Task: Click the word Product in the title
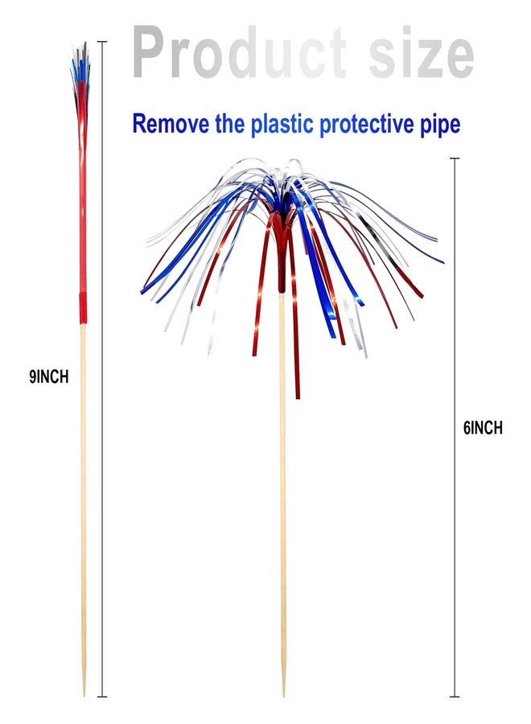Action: point(239,52)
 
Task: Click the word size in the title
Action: point(421,52)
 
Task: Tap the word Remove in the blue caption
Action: point(171,124)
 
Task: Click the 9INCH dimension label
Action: point(49,377)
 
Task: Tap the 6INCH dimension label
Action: point(483,428)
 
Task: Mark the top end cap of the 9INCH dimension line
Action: point(102,42)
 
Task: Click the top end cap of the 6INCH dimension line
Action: point(455,158)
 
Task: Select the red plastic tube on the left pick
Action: point(83,199)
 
